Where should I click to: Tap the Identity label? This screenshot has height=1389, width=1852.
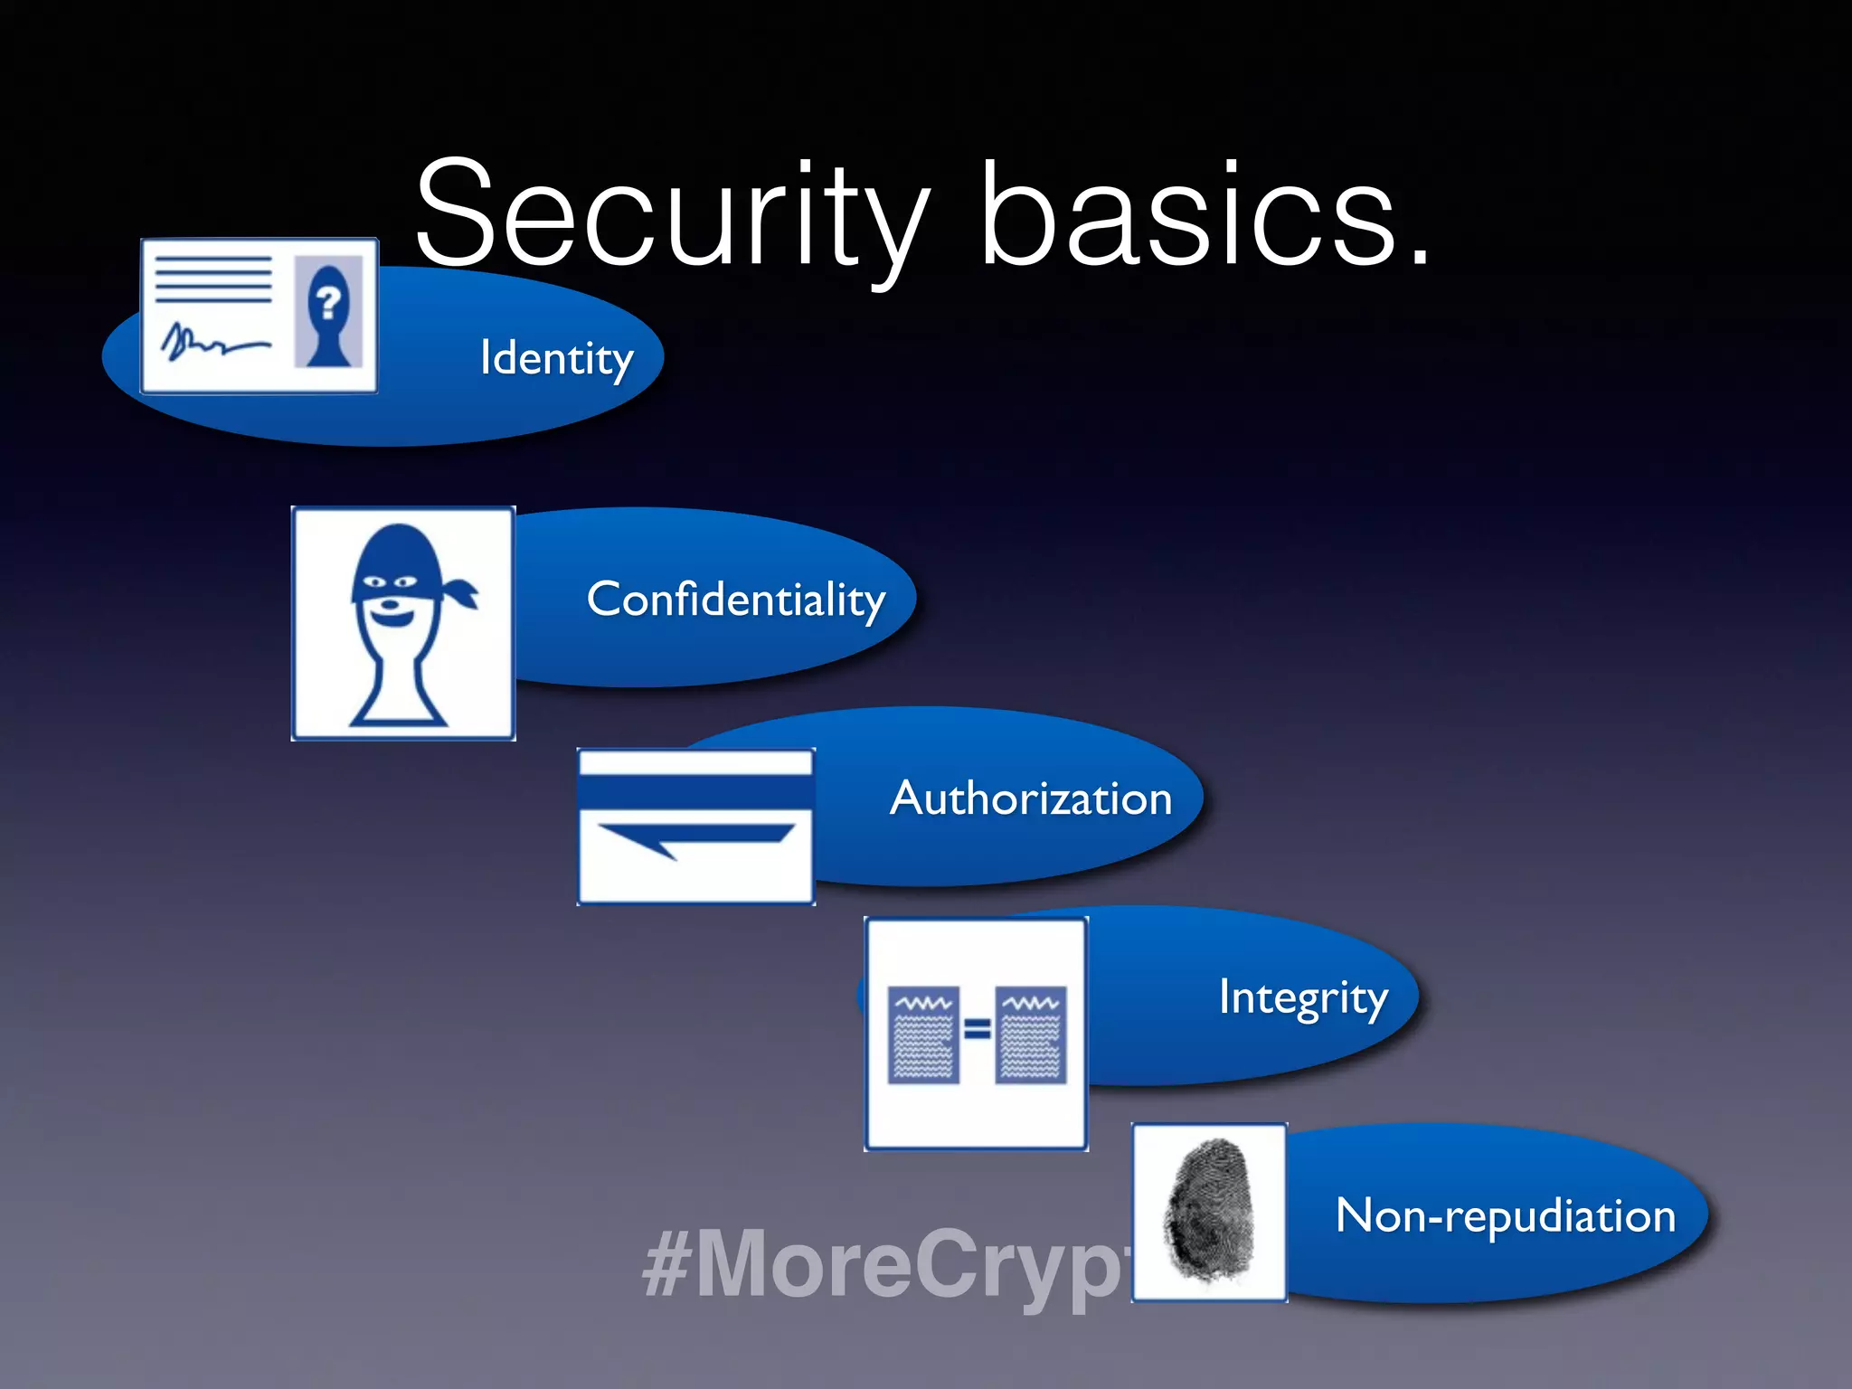pos(556,358)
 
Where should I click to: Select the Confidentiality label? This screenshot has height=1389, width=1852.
pos(735,600)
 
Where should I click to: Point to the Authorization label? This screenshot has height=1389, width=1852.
pos(1031,798)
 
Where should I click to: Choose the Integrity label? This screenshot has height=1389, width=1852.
pos(1303,997)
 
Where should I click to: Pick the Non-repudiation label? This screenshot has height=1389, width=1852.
pos(1506,1215)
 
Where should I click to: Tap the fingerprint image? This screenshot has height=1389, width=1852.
pos(1210,1212)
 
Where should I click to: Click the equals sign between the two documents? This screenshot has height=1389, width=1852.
pos(978,1029)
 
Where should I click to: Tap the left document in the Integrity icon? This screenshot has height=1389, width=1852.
pos(923,1035)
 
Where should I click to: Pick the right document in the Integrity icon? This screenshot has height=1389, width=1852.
pos(1031,1035)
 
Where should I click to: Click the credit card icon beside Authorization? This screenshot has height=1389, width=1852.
pos(695,826)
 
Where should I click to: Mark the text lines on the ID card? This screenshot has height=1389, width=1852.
pos(213,279)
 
